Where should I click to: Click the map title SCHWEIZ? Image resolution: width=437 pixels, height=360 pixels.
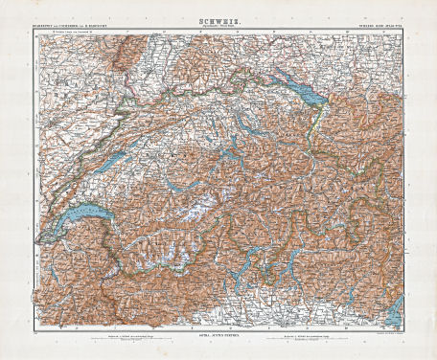218,17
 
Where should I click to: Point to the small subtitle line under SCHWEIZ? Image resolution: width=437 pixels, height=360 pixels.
218,24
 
